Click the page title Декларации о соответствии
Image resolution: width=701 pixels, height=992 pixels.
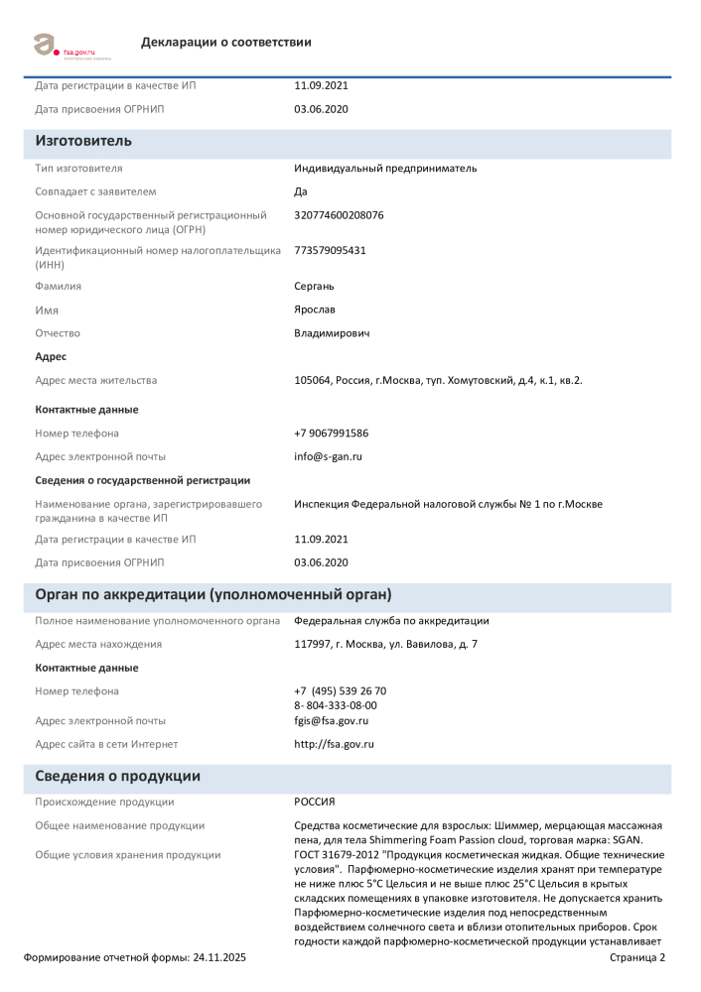[x=226, y=42]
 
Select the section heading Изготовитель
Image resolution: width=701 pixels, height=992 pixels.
[x=83, y=141]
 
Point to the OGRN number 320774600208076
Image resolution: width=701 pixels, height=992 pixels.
[x=339, y=214]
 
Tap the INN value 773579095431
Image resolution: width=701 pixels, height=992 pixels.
[x=330, y=250]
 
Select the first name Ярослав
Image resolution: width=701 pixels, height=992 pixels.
[x=316, y=310]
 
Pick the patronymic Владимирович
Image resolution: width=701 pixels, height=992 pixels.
[x=332, y=333]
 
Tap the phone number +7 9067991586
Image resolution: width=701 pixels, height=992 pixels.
[x=332, y=433]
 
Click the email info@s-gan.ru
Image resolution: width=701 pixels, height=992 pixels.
[x=329, y=456]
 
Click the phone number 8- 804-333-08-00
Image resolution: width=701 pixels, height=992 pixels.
[x=336, y=705]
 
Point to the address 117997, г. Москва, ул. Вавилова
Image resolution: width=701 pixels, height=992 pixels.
[x=385, y=645]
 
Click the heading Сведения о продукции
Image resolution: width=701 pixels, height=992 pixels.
[x=118, y=777]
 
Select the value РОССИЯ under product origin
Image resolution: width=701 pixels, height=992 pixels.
[x=315, y=802]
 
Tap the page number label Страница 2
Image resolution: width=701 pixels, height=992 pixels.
[x=636, y=957]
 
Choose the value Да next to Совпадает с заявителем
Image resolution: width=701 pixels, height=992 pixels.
[x=301, y=191]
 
